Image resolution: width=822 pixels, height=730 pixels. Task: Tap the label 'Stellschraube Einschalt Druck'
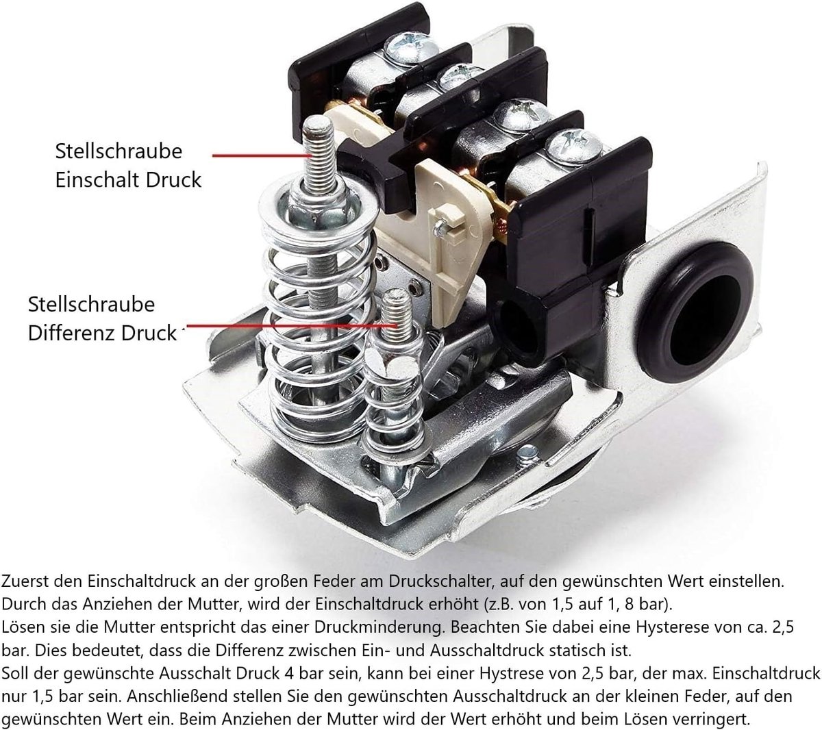(x=128, y=166)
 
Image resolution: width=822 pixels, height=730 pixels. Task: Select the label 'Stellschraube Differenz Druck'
(x=103, y=318)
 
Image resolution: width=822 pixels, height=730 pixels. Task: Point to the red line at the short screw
(x=290, y=325)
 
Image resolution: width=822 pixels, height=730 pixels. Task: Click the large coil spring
(x=319, y=316)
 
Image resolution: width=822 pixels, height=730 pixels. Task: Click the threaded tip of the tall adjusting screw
(x=319, y=154)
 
